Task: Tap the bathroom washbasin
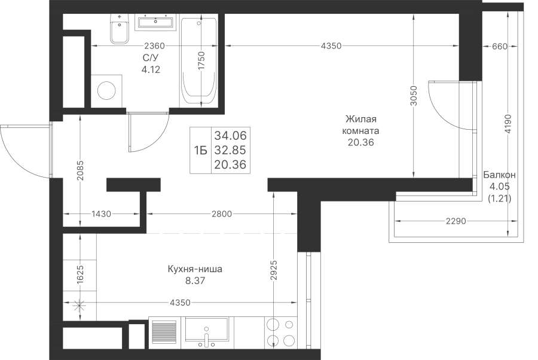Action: tap(155, 22)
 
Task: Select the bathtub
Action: tap(198, 61)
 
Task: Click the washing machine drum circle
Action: tap(106, 91)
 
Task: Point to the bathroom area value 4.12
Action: tap(151, 69)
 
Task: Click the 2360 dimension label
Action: tap(154, 45)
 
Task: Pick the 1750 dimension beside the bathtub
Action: tap(201, 61)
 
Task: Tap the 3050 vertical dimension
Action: tap(414, 96)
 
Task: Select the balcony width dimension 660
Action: tap(499, 46)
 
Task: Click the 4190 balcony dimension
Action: tap(508, 124)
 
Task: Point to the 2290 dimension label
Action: tap(456, 221)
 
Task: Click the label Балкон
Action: tap(499, 175)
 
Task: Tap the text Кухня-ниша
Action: tap(195, 269)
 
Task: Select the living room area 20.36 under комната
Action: tap(360, 142)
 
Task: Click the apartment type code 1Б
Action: tap(201, 150)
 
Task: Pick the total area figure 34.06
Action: tap(231, 136)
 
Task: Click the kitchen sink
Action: tap(206, 330)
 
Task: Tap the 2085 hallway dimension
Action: tap(80, 170)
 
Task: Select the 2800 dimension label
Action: tap(222, 214)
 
